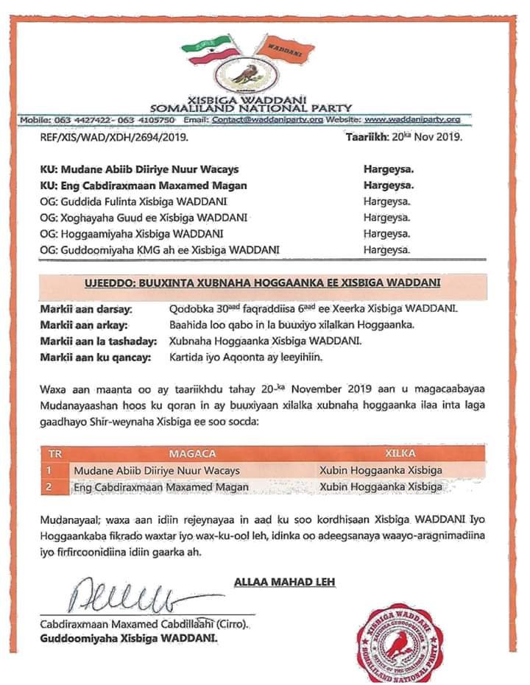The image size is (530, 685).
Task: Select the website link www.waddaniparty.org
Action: (x=412, y=119)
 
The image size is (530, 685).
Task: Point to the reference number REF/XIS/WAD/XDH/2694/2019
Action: (x=114, y=137)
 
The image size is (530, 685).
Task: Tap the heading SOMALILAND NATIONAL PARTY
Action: (x=251, y=108)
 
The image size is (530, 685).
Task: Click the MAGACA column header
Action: (x=192, y=454)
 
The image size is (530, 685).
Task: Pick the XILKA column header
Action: (x=400, y=454)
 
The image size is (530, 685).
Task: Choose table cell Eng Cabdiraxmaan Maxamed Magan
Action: (x=160, y=486)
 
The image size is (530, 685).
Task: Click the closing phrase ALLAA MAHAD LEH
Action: (x=284, y=582)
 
